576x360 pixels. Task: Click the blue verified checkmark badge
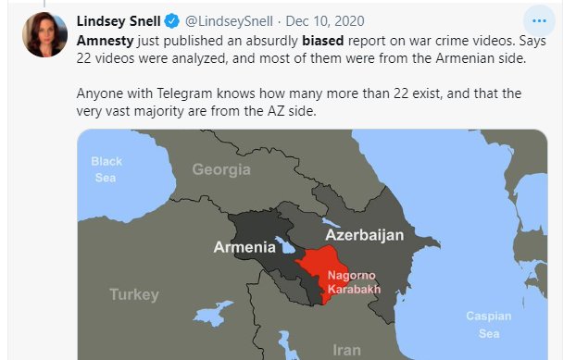(172, 20)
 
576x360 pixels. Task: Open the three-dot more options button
(538, 20)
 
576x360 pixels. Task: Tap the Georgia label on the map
(221, 169)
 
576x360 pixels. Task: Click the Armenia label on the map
(244, 247)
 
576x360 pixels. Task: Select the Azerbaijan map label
(364, 235)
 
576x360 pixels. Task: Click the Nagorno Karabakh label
(354, 280)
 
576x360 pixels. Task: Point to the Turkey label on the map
(134, 294)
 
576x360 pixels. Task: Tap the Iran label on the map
(346, 350)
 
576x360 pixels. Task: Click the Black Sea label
(106, 169)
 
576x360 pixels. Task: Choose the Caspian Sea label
(488, 324)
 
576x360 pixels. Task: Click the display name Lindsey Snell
(118, 20)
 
